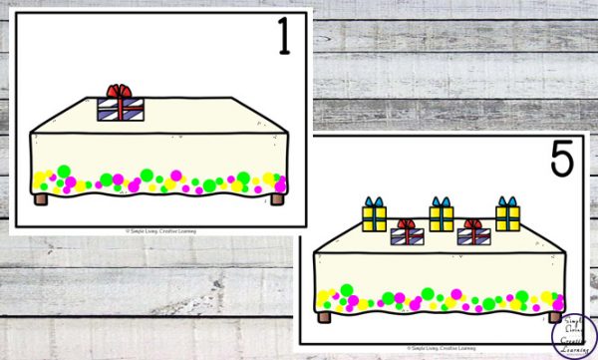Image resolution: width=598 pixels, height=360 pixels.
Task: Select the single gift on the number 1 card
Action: pyautogui.click(x=120, y=106)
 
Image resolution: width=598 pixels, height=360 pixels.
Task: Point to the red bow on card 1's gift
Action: pyautogui.click(x=120, y=92)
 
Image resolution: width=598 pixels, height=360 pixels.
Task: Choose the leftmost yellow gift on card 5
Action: pyautogui.click(x=375, y=217)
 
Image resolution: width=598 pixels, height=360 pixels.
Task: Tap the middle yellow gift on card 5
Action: pyautogui.click(x=442, y=216)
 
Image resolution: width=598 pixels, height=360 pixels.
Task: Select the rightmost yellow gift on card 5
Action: pyautogui.click(x=507, y=216)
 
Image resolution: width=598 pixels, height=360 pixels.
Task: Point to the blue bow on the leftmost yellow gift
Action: pyautogui.click(x=375, y=202)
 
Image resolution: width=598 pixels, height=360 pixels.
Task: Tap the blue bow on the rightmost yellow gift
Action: pyautogui.click(x=507, y=201)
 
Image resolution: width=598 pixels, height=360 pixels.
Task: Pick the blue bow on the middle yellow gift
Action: pyautogui.click(x=442, y=201)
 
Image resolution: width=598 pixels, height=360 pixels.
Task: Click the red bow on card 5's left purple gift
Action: pyautogui.click(x=407, y=224)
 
